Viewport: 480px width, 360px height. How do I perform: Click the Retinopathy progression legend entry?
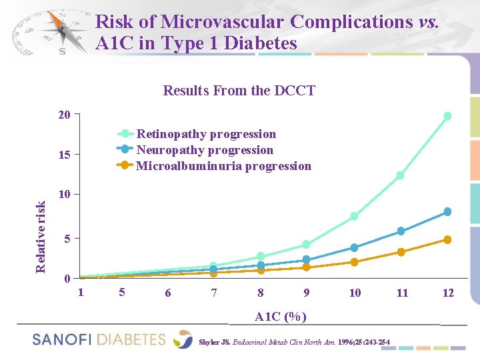(205, 134)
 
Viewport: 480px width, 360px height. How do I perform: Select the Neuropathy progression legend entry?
(204, 150)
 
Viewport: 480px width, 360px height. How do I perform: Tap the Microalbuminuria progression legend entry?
(223, 166)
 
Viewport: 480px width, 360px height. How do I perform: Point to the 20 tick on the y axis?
(64, 115)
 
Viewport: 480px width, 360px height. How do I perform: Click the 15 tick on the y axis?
(64, 155)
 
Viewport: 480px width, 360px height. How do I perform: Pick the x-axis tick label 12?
(447, 293)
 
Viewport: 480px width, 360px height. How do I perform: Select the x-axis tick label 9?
(306, 293)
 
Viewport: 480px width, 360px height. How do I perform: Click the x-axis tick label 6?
(167, 293)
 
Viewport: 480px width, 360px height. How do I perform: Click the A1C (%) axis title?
(281, 317)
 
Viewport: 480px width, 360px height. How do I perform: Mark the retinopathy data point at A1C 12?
(447, 116)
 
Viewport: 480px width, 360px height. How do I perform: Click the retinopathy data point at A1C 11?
(401, 175)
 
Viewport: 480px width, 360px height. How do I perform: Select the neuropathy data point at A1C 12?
(447, 212)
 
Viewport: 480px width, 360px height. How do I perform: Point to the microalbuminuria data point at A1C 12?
(447, 239)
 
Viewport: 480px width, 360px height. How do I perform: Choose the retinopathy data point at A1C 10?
(355, 216)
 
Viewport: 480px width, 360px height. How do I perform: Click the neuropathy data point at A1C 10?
(355, 247)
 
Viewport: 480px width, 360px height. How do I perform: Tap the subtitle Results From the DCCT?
(239, 91)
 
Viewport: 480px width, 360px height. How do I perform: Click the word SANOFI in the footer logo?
(61, 339)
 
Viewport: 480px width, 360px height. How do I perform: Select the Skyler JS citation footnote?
(294, 343)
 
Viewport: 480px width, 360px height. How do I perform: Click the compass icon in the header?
(61, 32)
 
